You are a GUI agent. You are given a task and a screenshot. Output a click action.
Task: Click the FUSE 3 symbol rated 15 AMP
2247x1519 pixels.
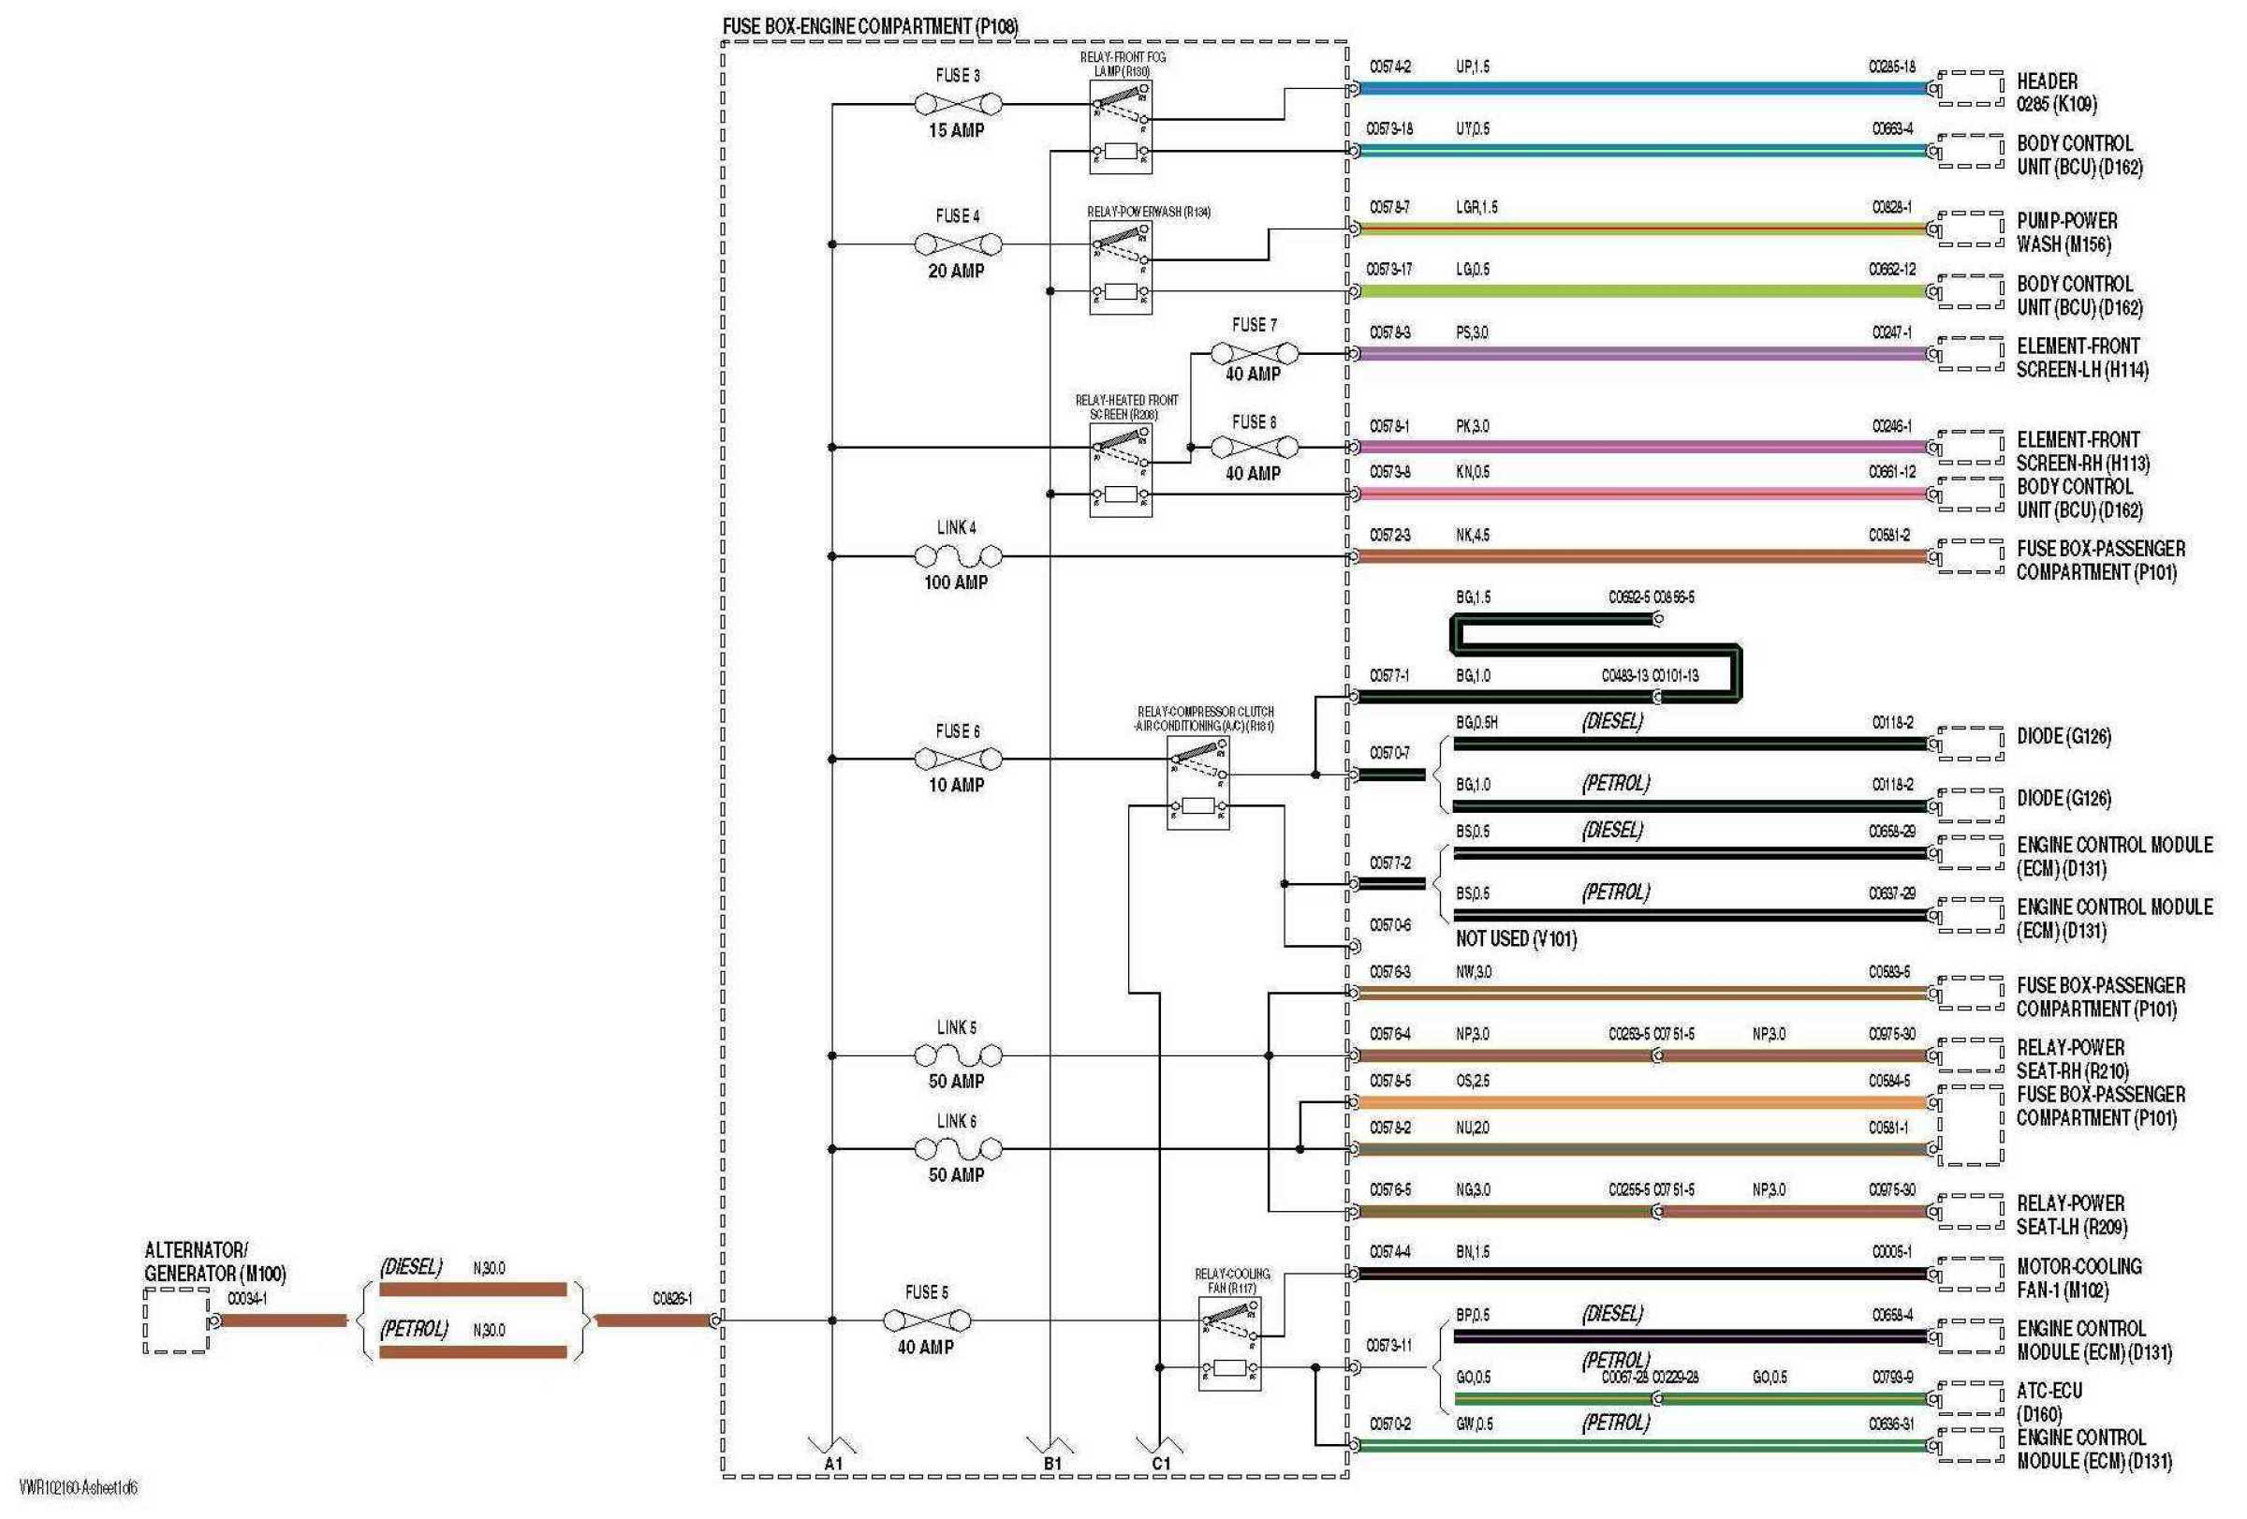pos(957,103)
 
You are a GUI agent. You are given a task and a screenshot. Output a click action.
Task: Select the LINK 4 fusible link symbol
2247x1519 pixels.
pos(957,556)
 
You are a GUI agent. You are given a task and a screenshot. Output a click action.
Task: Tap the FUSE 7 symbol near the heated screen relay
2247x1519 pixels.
pos(1254,353)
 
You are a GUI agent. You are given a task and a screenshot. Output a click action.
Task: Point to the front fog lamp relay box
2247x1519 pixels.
pos(1120,126)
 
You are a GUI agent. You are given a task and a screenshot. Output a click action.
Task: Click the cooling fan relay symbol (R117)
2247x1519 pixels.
pos(1229,1344)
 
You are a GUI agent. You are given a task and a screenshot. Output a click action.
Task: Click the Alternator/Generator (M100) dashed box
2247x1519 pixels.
pos(176,1320)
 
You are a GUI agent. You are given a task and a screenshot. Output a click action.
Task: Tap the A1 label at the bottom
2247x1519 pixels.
pos(833,1463)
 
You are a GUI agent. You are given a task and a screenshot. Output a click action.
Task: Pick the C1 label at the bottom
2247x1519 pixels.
pos(1161,1463)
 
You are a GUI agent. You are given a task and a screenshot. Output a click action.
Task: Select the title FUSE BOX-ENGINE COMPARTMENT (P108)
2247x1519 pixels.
pos(869,26)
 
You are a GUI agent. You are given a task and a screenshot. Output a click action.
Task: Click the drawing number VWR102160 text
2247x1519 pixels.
pos(79,1487)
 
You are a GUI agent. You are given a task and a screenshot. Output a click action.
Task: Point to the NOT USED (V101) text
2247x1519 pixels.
pos(1515,937)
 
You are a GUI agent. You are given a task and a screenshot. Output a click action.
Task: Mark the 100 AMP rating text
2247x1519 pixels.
pos(955,583)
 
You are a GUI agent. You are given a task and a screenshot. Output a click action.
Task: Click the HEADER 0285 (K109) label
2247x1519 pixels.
pos(2056,92)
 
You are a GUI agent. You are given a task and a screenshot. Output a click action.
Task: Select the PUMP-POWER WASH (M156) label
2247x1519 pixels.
pos(2066,232)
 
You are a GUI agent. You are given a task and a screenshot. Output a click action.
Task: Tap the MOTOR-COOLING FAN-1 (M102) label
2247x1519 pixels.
pos(2078,1277)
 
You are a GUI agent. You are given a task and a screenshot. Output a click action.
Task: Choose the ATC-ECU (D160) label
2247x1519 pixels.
pos(2049,1401)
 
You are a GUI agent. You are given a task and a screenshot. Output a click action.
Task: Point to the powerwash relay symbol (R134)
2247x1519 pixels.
pos(1120,267)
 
